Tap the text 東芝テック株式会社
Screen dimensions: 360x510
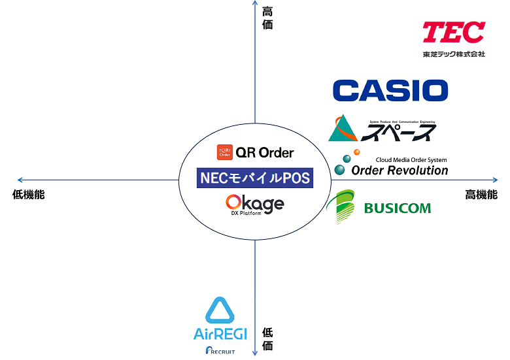pyautogui.click(x=454, y=54)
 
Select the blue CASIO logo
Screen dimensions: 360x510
pyautogui.click(x=390, y=90)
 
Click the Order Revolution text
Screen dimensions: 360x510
pyautogui.click(x=399, y=171)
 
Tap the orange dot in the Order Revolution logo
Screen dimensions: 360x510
pyautogui.click(x=356, y=153)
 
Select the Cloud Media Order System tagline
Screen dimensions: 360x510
pyautogui.click(x=411, y=159)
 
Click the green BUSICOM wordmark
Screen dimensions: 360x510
pyautogui.click(x=398, y=208)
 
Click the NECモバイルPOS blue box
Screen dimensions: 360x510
pyautogui.click(x=254, y=178)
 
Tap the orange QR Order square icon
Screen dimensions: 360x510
pyautogui.click(x=224, y=152)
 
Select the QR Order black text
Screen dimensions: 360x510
pyautogui.click(x=265, y=153)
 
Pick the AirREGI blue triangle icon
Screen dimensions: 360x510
pyautogui.click(x=220, y=311)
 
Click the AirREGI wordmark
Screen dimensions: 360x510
pyautogui.click(x=220, y=334)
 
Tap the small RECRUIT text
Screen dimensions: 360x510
pyautogui.click(x=220, y=352)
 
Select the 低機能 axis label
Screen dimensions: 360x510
pyautogui.click(x=29, y=195)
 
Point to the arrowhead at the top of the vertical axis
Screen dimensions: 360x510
pyautogui.click(x=254, y=3)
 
